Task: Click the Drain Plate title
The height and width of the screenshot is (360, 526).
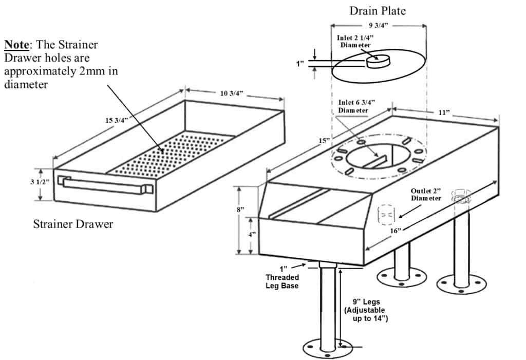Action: tap(378, 11)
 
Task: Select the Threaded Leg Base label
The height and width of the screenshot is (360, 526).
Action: tap(283, 281)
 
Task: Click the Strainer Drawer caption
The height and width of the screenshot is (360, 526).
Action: tap(73, 224)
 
